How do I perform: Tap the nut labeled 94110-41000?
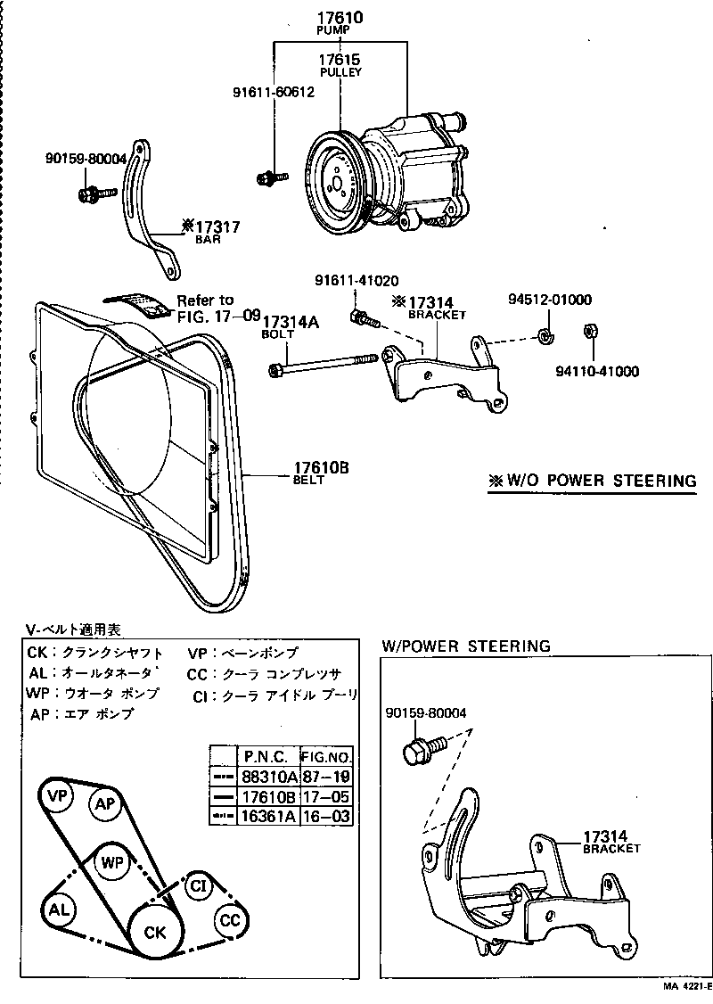click(589, 332)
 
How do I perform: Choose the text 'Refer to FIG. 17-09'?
click(217, 308)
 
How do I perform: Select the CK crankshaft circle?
click(156, 933)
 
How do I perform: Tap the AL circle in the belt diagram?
click(58, 909)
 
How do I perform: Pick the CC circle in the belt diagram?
click(230, 919)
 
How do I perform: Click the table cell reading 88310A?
click(269, 778)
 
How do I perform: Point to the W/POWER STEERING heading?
click(466, 646)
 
